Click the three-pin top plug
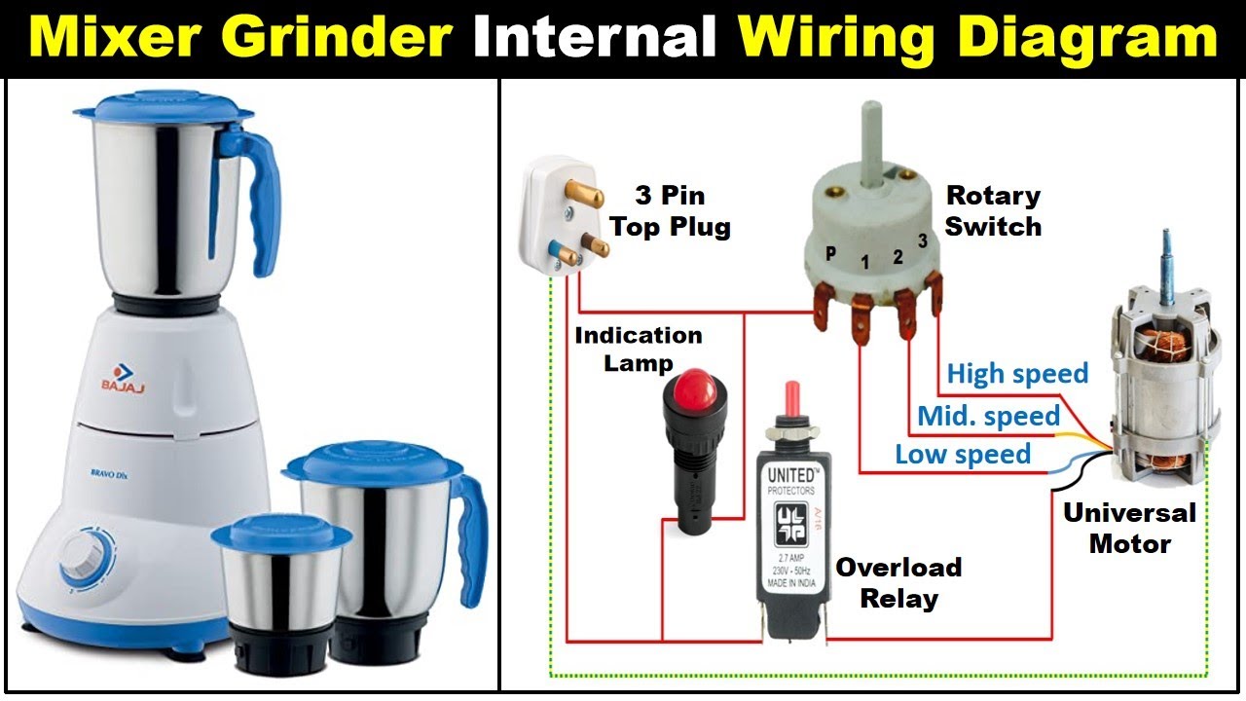pos(562,220)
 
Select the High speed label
pos(1017,374)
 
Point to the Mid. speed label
pos(988,417)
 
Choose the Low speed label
pos(962,455)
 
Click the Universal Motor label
pos(1129,528)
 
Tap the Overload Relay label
pos(898,582)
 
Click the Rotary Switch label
pos(993,211)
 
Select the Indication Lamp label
pos(638,349)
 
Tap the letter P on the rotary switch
pos(830,252)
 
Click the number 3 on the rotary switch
pos(921,240)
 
